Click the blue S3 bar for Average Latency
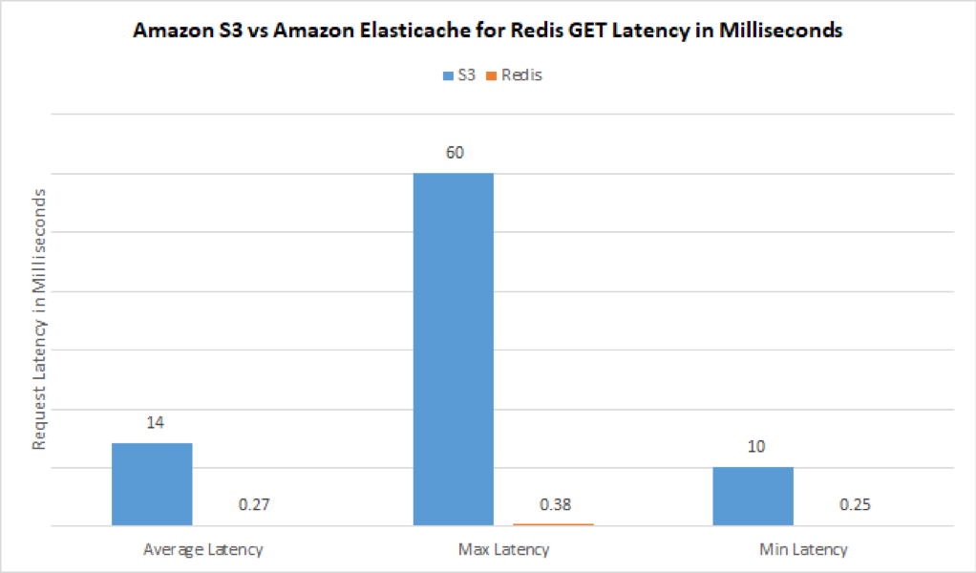152,484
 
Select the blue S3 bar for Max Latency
453,349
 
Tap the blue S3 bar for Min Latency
753,496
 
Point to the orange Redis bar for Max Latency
553,524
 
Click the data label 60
453,153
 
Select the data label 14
152,422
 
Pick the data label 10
753,447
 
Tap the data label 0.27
252,504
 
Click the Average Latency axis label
202,549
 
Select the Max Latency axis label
502,549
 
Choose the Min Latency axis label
803,549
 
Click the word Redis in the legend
521,74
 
